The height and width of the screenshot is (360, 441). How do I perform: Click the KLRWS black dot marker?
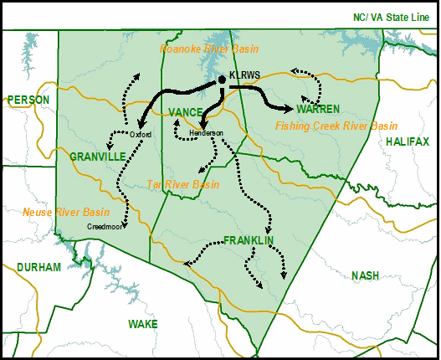pos(221,79)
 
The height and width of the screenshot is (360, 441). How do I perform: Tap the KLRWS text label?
pos(244,75)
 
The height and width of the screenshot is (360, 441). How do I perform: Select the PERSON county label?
pos(28,100)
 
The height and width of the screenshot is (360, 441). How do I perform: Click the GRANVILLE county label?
pos(97,157)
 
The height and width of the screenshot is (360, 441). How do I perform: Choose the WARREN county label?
pos(318,110)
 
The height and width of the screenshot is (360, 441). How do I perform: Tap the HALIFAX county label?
pos(408,141)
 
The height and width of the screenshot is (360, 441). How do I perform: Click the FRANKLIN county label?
pos(249,240)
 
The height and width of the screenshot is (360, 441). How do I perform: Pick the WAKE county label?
pos(142,323)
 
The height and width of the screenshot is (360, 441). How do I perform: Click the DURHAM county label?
pos(38,267)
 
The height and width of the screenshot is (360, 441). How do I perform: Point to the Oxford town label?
pos(141,134)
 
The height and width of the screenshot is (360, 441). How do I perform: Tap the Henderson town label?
pos(207,133)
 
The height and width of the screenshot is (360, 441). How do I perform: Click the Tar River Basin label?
pos(182,184)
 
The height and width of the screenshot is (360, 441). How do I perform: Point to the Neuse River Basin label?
pos(66,212)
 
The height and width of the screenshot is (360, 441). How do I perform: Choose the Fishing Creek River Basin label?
pos(336,126)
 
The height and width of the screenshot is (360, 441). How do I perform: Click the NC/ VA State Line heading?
pos(389,16)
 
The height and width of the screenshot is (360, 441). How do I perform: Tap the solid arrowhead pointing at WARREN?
pos(290,109)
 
